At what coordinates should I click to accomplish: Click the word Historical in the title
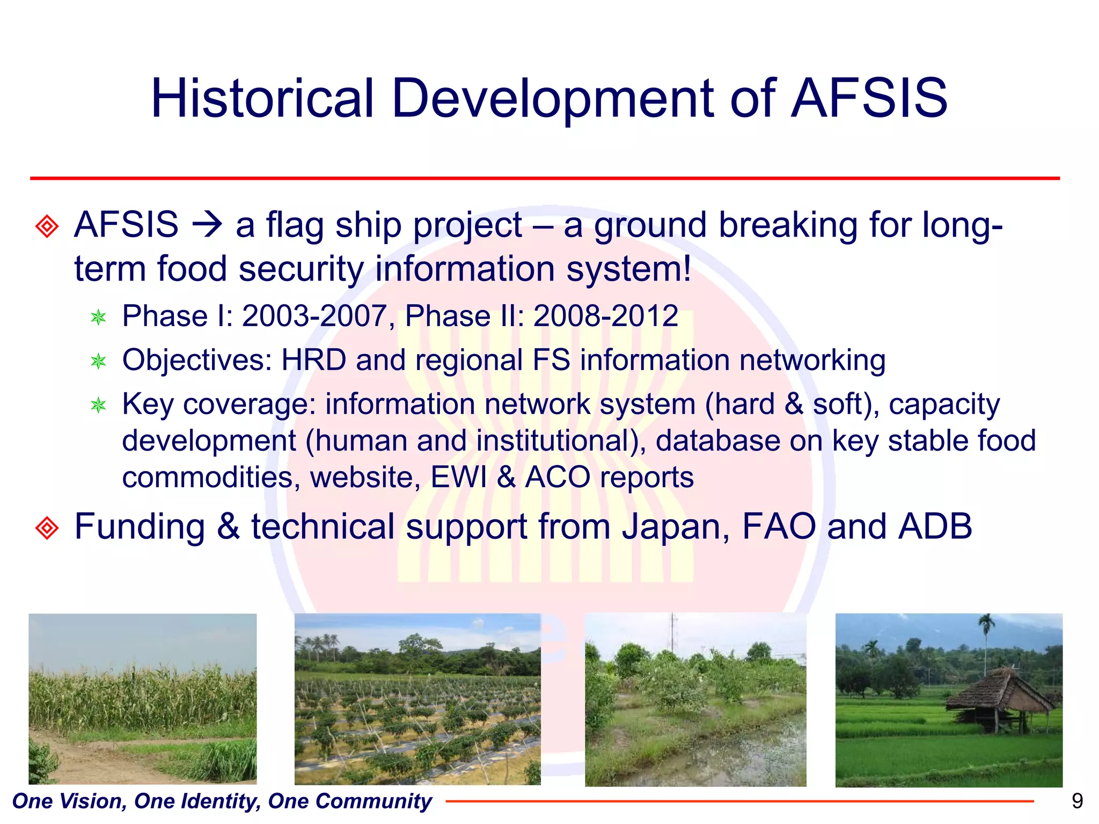pyautogui.click(x=262, y=99)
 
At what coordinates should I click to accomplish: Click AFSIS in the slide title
pyautogui.click(x=869, y=99)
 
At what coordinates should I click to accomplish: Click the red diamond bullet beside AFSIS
pyautogui.click(x=47, y=226)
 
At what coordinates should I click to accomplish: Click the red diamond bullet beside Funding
pyautogui.click(x=47, y=528)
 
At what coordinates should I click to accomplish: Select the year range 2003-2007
pyautogui.click(x=314, y=316)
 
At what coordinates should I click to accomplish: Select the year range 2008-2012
pyautogui.click(x=606, y=316)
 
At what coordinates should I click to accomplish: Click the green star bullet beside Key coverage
pyautogui.click(x=99, y=405)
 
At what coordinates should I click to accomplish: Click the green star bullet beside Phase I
pyautogui.click(x=99, y=318)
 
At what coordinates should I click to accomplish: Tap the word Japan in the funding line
pyautogui.click(x=676, y=527)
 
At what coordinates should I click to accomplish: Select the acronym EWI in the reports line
pyautogui.click(x=459, y=477)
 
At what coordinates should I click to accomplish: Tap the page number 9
pyautogui.click(x=1076, y=801)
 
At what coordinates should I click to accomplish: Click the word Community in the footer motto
pyautogui.click(x=373, y=801)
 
